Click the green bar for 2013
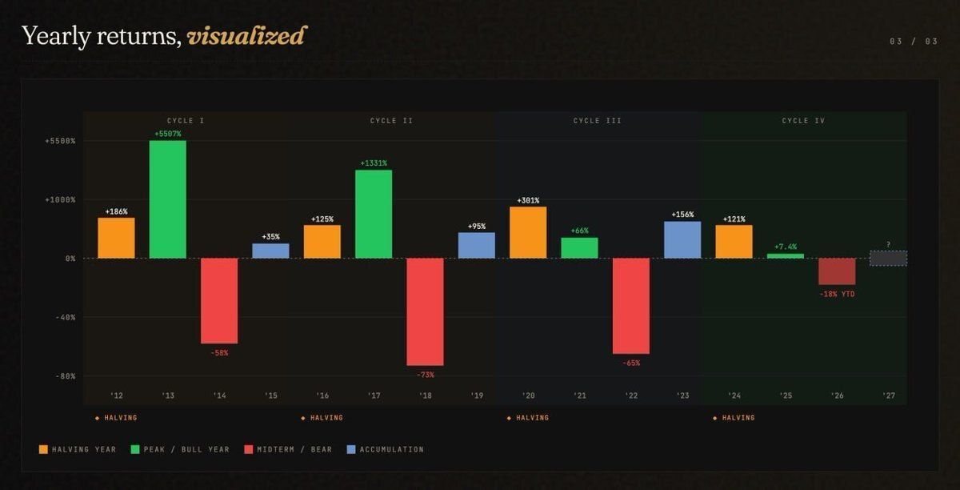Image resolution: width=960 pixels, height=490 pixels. [167, 199]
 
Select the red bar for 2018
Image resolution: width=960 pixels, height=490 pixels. [425, 311]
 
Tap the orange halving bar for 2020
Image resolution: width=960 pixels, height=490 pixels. [528, 232]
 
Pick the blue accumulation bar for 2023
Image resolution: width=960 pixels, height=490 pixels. [682, 239]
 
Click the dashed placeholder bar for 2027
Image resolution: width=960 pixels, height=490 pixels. [888, 258]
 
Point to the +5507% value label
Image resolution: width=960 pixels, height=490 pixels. [167, 134]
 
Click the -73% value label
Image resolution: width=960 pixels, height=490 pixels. [425, 374]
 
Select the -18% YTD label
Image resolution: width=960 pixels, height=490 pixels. [837, 294]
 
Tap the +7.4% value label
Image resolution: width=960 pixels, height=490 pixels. [786, 247]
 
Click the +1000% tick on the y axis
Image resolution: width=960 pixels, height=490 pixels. [60, 199]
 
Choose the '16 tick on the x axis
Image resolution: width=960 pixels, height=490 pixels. [322, 396]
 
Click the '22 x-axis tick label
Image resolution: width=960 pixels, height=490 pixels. [631, 396]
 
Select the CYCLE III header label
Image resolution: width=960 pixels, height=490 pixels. [597, 121]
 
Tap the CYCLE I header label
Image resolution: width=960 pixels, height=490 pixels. [186, 121]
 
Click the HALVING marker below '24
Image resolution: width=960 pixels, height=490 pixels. [734, 418]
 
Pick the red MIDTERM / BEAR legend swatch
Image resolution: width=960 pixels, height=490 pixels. [249, 449]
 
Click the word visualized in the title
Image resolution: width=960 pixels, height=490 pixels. [246, 36]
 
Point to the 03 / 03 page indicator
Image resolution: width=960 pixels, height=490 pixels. [914, 42]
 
